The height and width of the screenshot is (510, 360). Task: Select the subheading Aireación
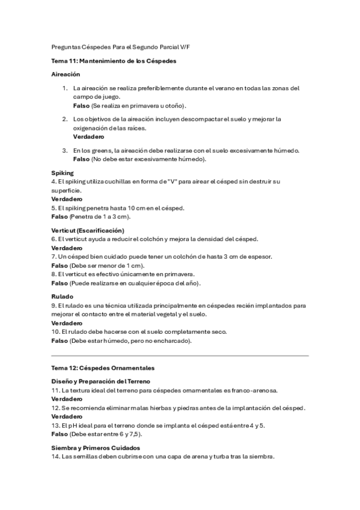tap(66, 75)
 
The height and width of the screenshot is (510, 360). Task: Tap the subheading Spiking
tap(63, 173)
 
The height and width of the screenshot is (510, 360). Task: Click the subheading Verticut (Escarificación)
tap(88, 230)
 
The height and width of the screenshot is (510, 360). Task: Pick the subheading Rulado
tap(63, 296)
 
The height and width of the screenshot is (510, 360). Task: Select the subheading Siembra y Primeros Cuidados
tap(96, 447)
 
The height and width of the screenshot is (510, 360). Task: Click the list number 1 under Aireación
tap(65, 88)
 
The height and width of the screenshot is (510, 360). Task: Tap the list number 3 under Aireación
tap(65, 150)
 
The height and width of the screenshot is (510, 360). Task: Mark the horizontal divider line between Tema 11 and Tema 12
tap(180, 355)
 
